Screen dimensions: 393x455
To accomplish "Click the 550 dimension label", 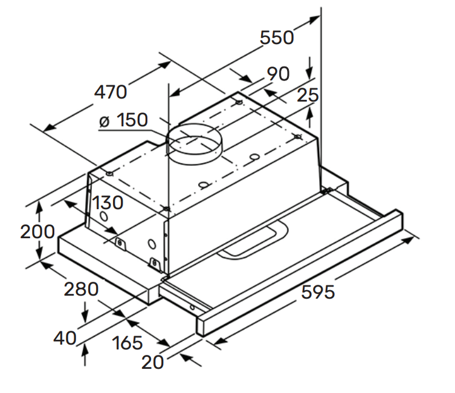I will pos(277,37).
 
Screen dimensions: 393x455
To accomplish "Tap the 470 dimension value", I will pos(111,93).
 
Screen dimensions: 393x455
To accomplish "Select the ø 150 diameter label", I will pos(124,120).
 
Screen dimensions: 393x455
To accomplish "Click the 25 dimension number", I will pos(308,95).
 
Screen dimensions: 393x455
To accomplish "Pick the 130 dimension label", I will pos(107,203).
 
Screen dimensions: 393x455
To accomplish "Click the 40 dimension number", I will pos(65,338).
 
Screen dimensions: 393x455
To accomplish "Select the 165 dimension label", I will pos(127,343).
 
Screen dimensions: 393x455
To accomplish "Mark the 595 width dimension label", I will pos(317,293).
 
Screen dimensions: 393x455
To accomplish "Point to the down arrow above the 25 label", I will pos(310,66).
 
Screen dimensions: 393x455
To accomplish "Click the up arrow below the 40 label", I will pos(85,350).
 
